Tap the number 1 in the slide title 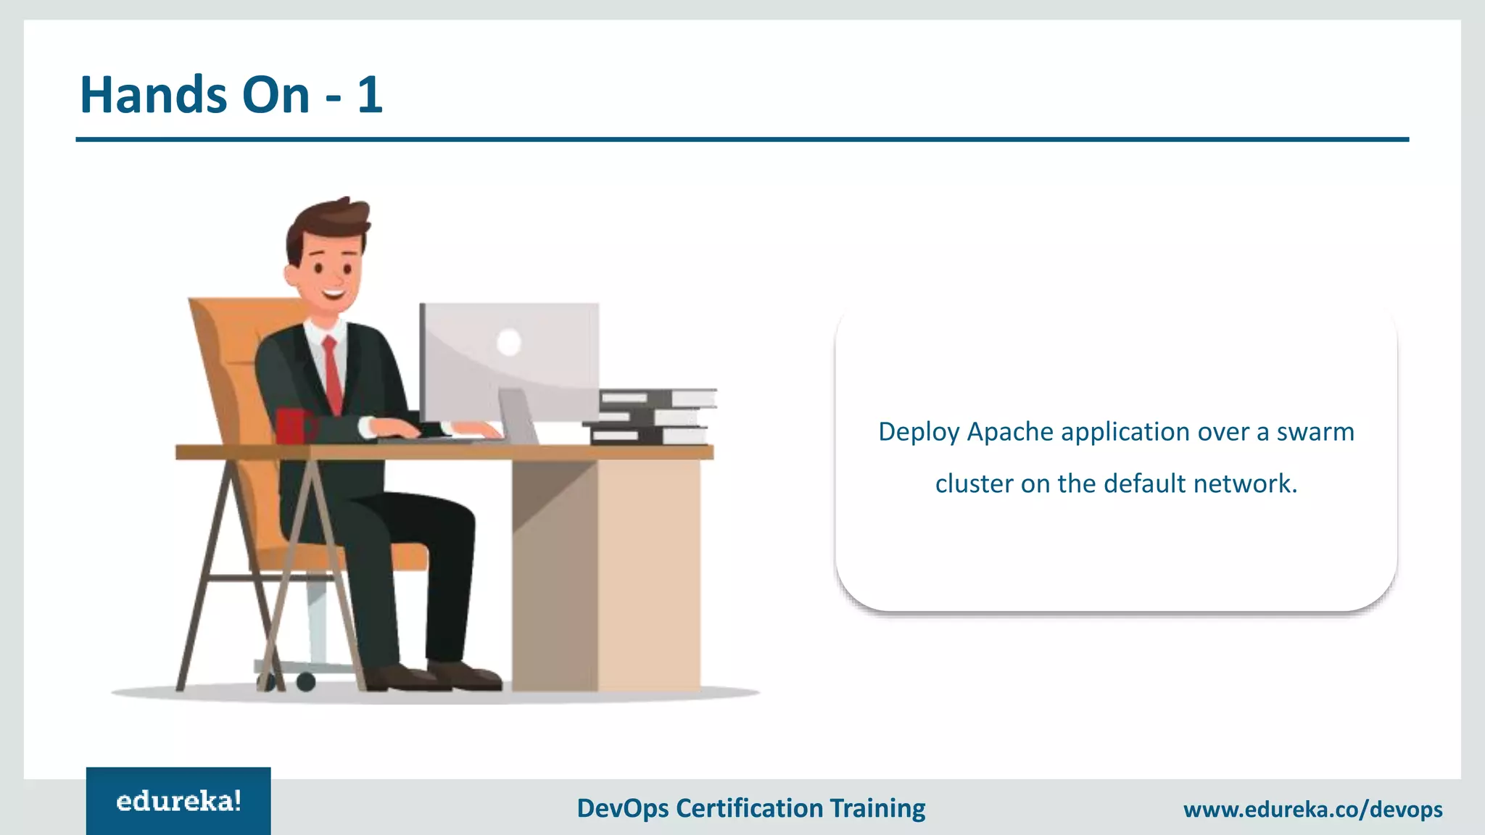click(x=370, y=95)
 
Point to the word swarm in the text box click(x=1315, y=432)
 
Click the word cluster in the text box click(x=974, y=483)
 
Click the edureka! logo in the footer click(x=178, y=801)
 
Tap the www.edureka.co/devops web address click(x=1312, y=809)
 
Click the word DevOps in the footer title click(x=622, y=808)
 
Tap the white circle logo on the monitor click(x=509, y=342)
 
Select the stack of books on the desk click(x=653, y=417)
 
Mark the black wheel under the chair click(x=306, y=681)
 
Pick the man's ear click(x=292, y=275)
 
